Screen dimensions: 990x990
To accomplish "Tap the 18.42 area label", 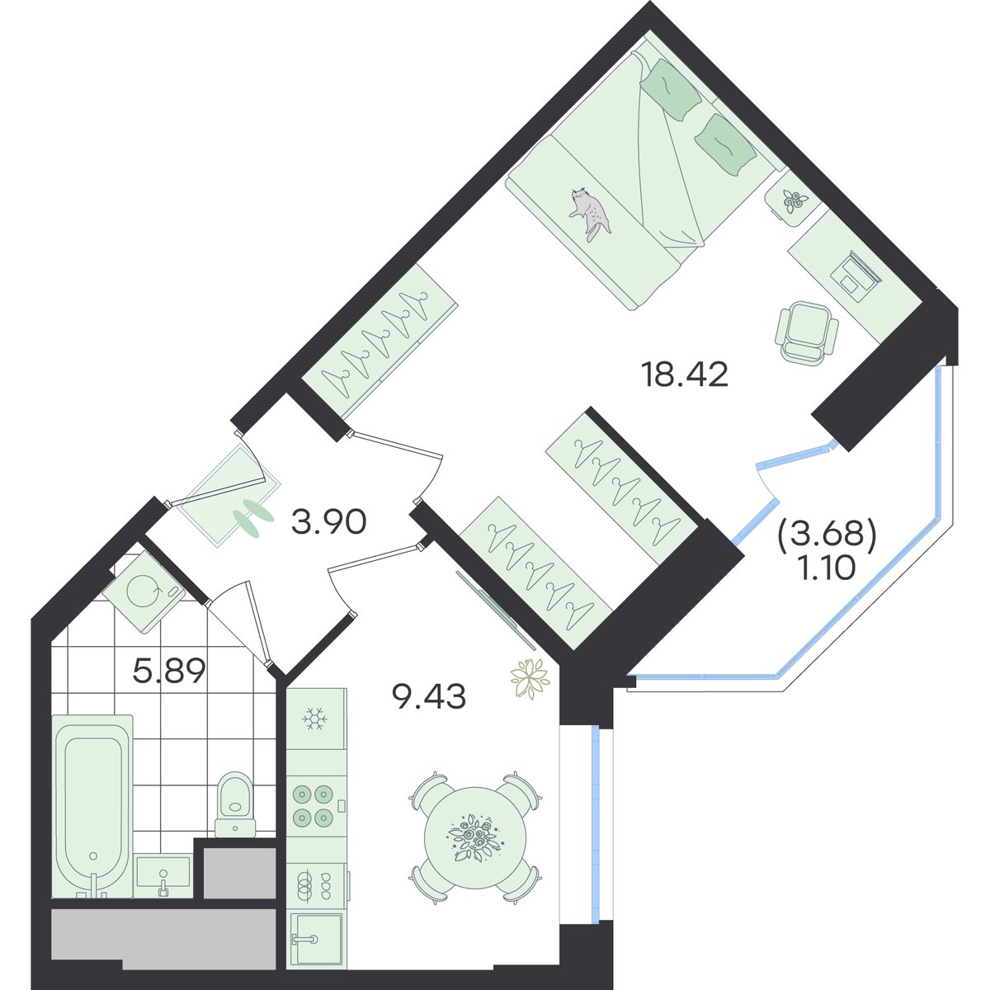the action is (684, 375).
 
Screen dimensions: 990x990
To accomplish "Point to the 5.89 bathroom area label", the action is (168, 671).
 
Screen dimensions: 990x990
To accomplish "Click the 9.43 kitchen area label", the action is (429, 697).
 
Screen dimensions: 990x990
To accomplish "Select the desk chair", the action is (805, 334).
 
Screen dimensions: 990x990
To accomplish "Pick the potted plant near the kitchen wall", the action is (530, 679).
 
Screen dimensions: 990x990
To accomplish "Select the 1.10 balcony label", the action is (827, 568).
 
